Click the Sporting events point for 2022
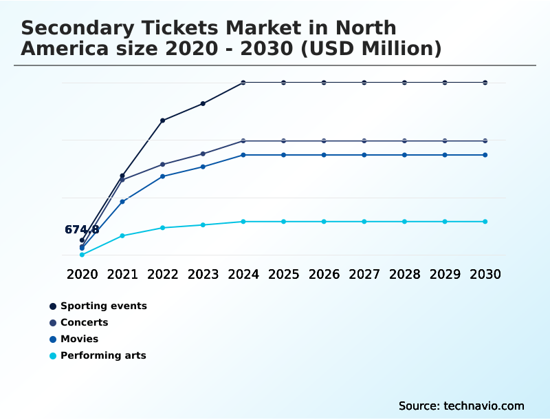tap(163, 120)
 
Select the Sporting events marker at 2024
tap(243, 83)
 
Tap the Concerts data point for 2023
tap(203, 154)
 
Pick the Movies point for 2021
tap(122, 202)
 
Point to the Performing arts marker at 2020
tap(82, 255)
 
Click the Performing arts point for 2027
tap(364, 222)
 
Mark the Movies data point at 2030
tap(485, 155)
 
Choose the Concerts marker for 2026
tap(324, 140)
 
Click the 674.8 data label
tap(82, 230)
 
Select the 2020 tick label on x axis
tap(82, 274)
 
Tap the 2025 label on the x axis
tap(283, 274)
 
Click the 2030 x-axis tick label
tap(485, 274)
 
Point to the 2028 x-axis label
tap(404, 274)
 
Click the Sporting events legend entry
tap(103, 306)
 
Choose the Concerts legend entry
tap(84, 322)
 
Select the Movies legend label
tap(79, 339)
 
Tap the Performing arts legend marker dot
tap(53, 356)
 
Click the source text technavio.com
tap(484, 406)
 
